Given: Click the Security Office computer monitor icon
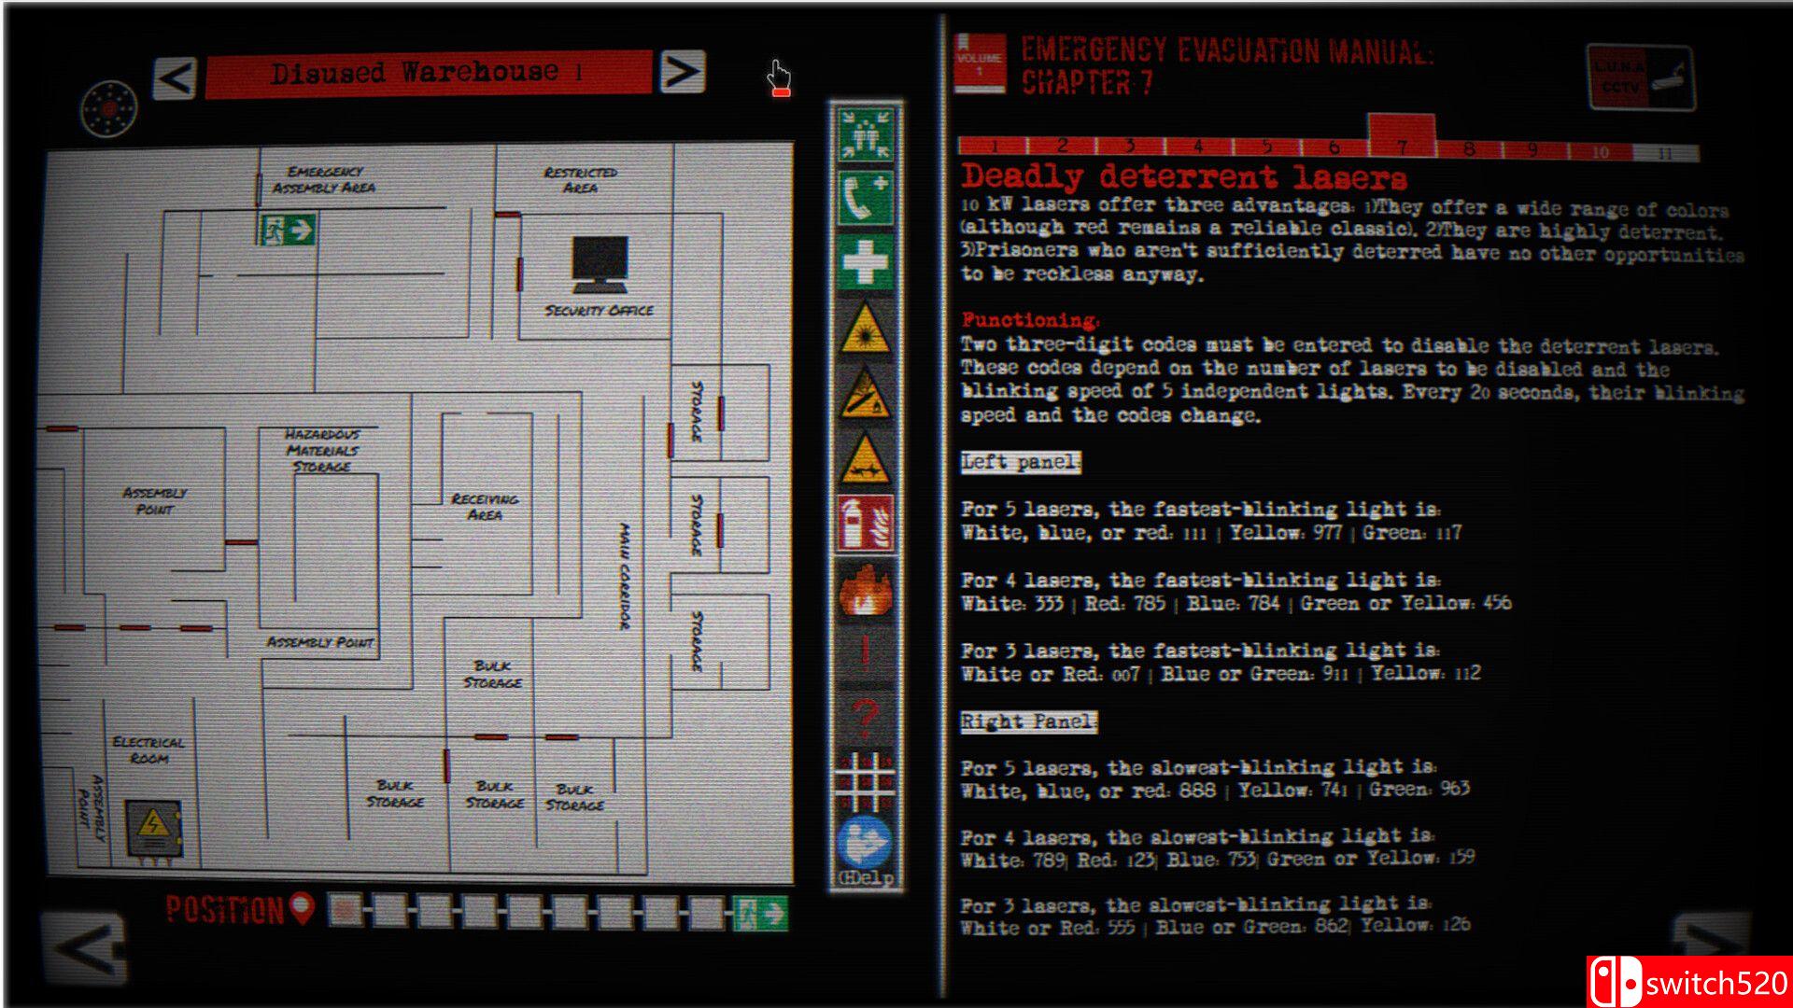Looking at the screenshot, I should [x=600, y=263].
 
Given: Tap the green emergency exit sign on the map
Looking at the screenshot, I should [x=288, y=230].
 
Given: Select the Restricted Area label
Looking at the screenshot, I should [x=580, y=180].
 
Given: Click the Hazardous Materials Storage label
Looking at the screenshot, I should [x=322, y=450].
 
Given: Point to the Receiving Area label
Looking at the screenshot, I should [x=485, y=507].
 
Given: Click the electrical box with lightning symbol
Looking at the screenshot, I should [x=153, y=828].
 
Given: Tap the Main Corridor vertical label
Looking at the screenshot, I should [x=624, y=577].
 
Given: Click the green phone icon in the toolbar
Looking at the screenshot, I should [x=865, y=198].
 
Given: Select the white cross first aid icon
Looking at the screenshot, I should [x=865, y=261].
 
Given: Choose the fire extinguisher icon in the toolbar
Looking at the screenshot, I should [x=865, y=525].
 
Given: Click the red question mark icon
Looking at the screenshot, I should [x=865, y=718].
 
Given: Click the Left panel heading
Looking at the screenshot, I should [x=1021, y=463].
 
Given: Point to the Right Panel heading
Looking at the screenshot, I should [x=1028, y=721].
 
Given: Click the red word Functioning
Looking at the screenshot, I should [x=1030, y=320].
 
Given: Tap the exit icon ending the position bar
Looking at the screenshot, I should [x=759, y=913].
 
